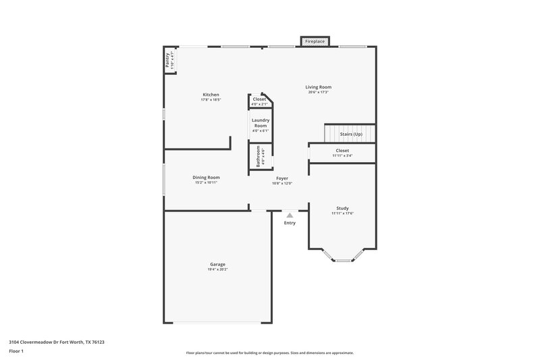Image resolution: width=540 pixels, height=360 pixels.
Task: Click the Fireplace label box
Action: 315,41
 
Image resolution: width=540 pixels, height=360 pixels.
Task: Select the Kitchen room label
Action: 211,95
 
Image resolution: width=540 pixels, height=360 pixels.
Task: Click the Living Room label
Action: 318,87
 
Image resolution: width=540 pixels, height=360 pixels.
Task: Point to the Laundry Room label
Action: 259,123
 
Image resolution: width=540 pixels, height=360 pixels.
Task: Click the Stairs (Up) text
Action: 351,134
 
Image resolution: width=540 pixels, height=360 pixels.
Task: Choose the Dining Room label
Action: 207,178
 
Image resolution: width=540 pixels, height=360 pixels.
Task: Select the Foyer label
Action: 282,178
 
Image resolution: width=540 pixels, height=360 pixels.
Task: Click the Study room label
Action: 342,208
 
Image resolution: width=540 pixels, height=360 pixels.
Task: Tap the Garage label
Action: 217,264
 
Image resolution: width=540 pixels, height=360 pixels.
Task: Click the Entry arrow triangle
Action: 290,215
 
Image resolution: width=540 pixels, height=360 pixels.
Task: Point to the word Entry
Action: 290,223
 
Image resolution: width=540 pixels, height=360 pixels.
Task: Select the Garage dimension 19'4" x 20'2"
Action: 217,269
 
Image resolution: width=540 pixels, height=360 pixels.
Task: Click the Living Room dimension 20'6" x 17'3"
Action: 318,93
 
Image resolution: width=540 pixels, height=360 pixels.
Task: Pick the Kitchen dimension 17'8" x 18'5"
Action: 211,100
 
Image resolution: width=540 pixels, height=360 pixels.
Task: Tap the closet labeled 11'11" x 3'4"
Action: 342,153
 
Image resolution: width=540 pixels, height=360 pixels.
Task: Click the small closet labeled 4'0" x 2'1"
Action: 259,102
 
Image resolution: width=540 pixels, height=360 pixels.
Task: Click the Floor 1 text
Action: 16,351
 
